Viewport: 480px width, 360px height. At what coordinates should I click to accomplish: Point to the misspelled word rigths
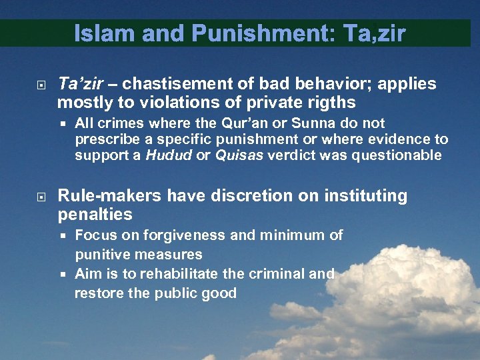(x=333, y=103)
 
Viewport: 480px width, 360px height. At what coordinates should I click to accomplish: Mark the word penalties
(x=95, y=215)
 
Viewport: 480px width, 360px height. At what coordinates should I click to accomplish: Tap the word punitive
(x=100, y=255)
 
